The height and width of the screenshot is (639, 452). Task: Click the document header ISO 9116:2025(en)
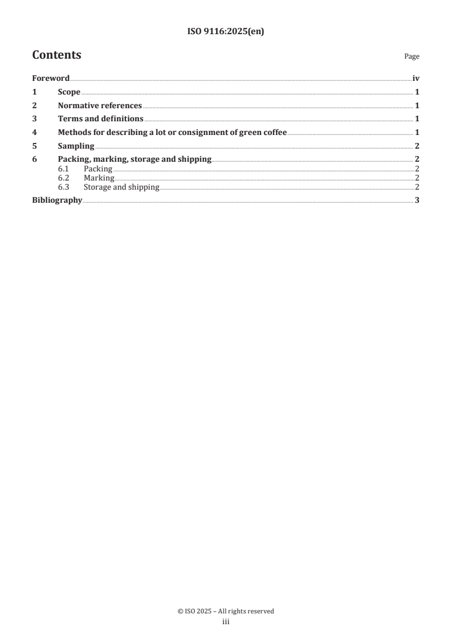pos(226,32)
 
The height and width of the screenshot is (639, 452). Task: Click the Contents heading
pos(56,55)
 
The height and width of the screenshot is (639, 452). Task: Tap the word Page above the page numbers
pos(412,56)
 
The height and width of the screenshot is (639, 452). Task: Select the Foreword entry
pos(51,79)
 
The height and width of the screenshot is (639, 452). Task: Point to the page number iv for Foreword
pos(416,79)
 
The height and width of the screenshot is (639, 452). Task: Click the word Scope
pos(69,92)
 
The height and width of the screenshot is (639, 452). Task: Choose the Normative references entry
pos(100,105)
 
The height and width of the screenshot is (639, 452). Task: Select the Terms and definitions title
pos(100,119)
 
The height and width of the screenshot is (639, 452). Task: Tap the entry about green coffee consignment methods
pos(172,133)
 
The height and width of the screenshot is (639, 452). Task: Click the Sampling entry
pos(76,146)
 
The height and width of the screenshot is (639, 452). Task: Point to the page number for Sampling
pos(417,146)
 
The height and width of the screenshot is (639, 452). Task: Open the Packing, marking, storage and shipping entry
pos(135,159)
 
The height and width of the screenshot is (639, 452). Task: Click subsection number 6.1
pos(63,169)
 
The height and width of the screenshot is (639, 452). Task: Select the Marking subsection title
pos(99,178)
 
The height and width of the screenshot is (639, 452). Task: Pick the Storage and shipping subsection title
pos(121,187)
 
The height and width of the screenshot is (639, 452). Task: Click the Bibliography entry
pos(57,200)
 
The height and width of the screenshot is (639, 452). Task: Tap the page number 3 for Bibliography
pos(417,200)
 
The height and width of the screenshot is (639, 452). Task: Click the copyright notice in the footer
pos(226,611)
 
